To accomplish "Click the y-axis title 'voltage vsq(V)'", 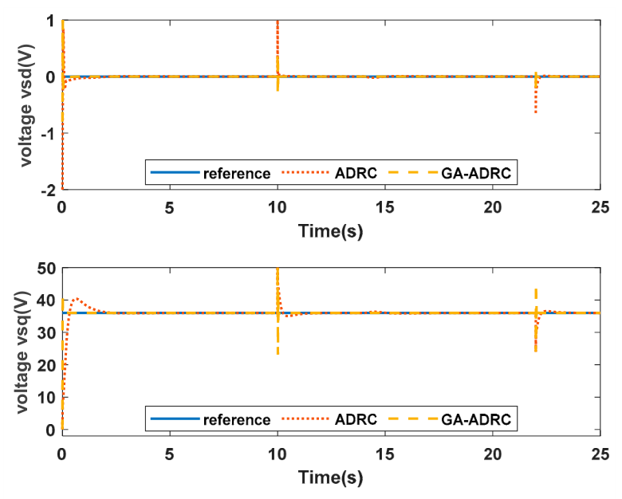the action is click(23, 352).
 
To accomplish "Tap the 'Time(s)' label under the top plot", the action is click(330, 231).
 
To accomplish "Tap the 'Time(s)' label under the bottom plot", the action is click(330, 477).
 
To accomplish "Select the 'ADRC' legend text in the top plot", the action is click(356, 173).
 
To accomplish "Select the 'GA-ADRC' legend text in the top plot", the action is click(476, 173).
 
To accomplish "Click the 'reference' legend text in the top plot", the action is click(237, 174).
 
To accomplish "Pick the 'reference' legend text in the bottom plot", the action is click(237, 419).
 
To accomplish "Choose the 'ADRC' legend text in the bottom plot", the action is click(356, 419).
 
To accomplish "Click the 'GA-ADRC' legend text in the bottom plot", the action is click(476, 419).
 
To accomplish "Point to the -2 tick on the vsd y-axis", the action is click(48, 191).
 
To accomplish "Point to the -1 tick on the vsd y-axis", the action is click(48, 134).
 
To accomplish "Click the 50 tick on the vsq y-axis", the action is click(47, 269).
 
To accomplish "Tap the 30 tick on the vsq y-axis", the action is click(47, 333).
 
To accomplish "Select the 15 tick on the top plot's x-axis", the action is click(385, 207).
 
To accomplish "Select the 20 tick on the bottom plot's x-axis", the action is click(493, 454).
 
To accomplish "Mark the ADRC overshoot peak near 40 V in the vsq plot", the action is click(77, 298).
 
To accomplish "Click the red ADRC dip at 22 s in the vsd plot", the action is click(536, 112).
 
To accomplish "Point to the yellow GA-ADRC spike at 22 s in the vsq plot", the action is click(536, 289).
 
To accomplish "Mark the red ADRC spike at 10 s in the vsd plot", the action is click(278, 22).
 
